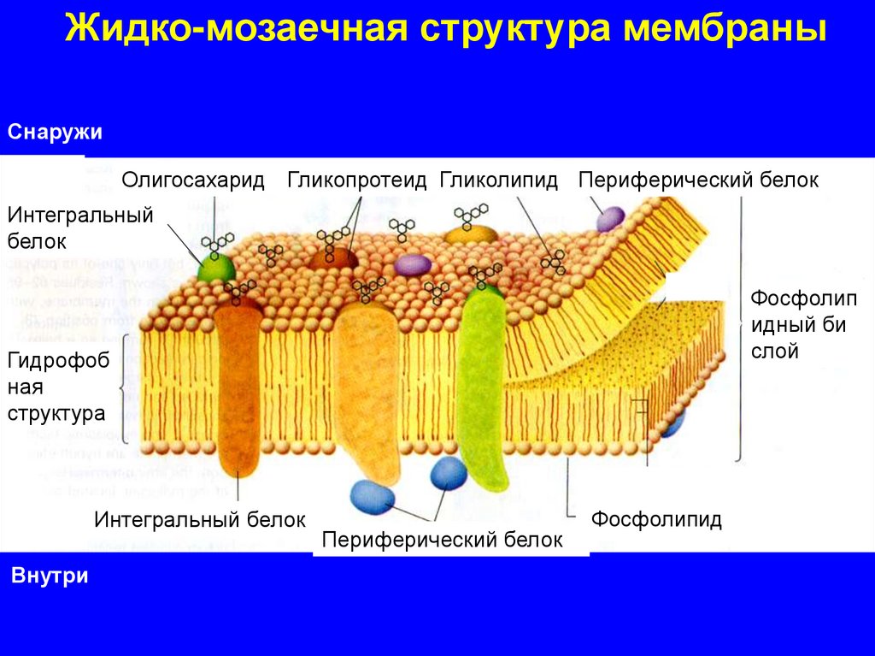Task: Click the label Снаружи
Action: tap(56, 133)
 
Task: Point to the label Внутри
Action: tap(50, 576)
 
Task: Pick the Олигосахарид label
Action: tap(193, 180)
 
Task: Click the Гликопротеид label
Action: tap(356, 180)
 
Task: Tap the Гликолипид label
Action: tap(499, 180)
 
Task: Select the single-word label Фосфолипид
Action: tap(656, 519)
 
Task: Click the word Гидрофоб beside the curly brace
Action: tap(59, 362)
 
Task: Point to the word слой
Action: tap(775, 351)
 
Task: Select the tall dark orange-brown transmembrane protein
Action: tap(237, 385)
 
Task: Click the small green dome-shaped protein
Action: tap(217, 267)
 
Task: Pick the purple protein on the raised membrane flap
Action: tap(610, 219)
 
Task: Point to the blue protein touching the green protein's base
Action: tap(448, 473)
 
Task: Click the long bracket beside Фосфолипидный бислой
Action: tap(739, 329)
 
